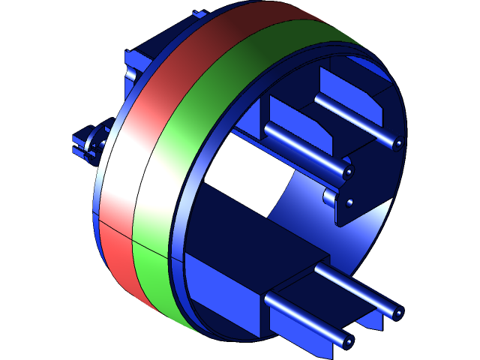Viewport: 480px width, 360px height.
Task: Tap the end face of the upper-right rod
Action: (x=398, y=143)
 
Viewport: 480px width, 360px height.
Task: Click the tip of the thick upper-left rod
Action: (x=348, y=172)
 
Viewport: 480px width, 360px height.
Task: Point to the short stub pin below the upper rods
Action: (x=330, y=197)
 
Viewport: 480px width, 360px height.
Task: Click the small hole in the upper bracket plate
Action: (x=350, y=202)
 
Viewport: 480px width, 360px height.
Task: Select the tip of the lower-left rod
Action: (x=346, y=343)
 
